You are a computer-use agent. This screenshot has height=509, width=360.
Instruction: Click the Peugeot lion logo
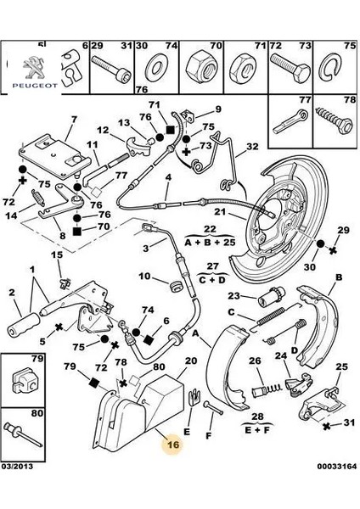tap(35, 67)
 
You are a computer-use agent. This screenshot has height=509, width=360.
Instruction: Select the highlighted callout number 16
tap(173, 445)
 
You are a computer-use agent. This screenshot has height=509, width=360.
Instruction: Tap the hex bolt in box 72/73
tap(290, 69)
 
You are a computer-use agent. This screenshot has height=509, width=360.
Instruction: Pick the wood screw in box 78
tap(334, 120)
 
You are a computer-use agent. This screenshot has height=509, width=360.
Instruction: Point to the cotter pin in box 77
tap(290, 121)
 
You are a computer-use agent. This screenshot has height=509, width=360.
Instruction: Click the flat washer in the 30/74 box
tap(157, 69)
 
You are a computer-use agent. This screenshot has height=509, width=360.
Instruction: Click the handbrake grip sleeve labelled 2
tap(23, 324)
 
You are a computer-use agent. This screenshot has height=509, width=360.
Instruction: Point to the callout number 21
tap(220, 212)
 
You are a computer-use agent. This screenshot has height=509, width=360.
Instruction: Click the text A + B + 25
tap(210, 242)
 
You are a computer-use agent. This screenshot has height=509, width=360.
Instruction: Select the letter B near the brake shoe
tap(339, 277)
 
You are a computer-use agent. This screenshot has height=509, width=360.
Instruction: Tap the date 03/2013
tap(17, 466)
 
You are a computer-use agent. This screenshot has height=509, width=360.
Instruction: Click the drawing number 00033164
tap(337, 466)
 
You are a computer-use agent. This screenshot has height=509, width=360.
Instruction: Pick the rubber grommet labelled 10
tap(176, 286)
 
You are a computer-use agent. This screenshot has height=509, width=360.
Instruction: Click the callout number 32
tap(252, 147)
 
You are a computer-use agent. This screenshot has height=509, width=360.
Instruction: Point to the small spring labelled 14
tap(37, 198)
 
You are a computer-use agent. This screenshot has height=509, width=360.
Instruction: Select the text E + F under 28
tap(257, 431)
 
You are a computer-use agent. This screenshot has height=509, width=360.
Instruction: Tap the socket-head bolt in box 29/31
tap(111, 68)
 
